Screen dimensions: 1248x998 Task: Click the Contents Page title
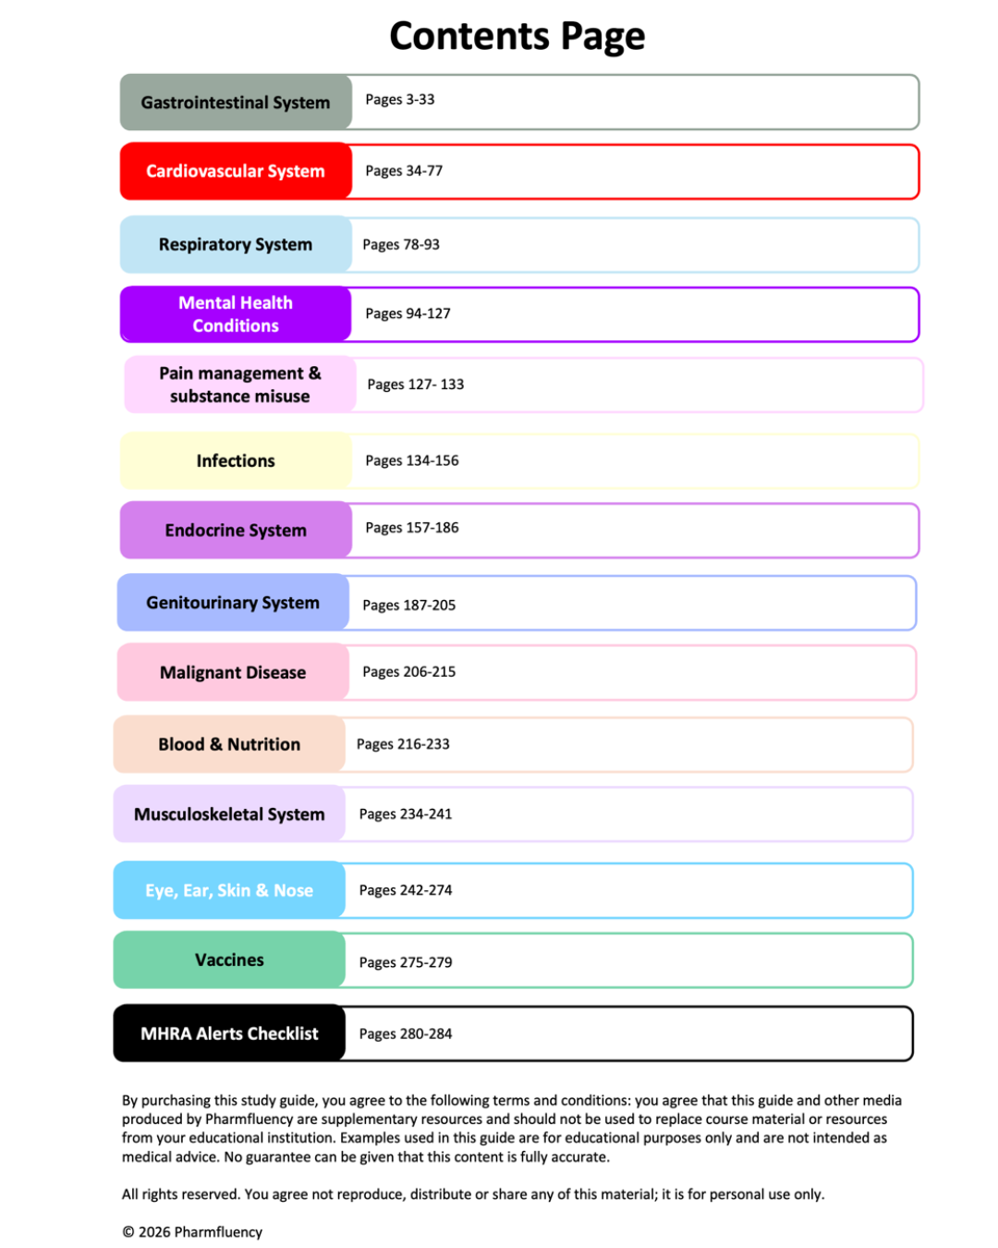[x=517, y=37]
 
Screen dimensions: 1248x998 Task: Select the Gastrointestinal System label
[x=236, y=103]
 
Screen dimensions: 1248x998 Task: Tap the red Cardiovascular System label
[x=236, y=171]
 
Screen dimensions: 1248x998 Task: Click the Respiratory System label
[x=236, y=245]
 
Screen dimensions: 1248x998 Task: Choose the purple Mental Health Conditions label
[x=236, y=314]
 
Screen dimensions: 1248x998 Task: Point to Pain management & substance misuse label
[x=239, y=385]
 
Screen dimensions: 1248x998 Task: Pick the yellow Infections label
[x=236, y=460]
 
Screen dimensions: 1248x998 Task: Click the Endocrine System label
[x=236, y=530]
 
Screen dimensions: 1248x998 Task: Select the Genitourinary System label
[x=233, y=603]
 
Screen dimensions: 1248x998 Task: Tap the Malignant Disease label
[x=233, y=672]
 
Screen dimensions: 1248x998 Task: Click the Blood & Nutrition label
[x=229, y=744]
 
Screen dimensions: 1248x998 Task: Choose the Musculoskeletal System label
[x=229, y=814]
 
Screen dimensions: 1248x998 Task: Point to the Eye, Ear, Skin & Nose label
[x=229, y=890]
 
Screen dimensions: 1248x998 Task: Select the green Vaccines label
[x=229, y=960]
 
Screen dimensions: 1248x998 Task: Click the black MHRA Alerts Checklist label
[x=229, y=1034]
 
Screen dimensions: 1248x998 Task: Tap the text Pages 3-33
[x=399, y=100]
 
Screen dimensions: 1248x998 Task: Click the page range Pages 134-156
[x=411, y=460]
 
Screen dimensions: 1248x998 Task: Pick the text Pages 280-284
[x=406, y=1034]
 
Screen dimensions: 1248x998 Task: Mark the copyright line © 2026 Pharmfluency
[x=192, y=1231]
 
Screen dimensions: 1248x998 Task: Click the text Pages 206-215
[x=408, y=672]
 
